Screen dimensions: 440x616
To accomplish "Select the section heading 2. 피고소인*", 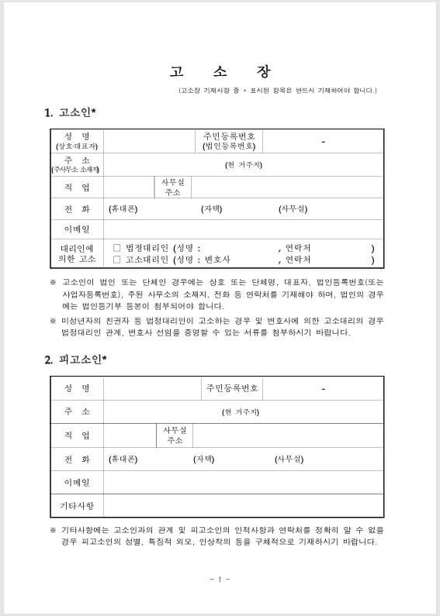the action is coord(75,359).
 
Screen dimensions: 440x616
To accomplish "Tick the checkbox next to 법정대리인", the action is coord(117,248).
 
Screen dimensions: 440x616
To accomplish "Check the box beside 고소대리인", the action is coord(117,260).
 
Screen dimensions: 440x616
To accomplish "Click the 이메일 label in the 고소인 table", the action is coord(77,229).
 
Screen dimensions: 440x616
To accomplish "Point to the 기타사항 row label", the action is coord(77,506).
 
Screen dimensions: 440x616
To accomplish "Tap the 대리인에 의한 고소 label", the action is coord(77,253).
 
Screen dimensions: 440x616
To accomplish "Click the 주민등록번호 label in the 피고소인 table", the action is coord(232,388).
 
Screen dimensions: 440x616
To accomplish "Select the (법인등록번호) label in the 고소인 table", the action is coord(229,146).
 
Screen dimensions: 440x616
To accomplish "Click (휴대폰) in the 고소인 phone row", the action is coord(123,208).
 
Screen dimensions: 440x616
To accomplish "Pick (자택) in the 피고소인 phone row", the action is coord(204,459).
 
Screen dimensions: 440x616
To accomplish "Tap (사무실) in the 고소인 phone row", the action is coord(293,208).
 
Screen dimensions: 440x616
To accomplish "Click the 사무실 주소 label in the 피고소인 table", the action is coord(174,435).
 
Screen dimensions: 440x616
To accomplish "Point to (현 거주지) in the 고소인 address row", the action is coord(243,165).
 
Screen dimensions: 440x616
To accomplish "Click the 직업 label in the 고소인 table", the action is coord(77,188).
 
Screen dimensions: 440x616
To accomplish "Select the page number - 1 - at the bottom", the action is coord(220,579).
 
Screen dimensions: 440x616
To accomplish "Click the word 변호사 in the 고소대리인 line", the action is coord(217,260).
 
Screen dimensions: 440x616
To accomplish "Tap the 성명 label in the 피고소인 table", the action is coord(77,388).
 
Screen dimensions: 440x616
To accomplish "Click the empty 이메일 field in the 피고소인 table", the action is coord(243,483).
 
